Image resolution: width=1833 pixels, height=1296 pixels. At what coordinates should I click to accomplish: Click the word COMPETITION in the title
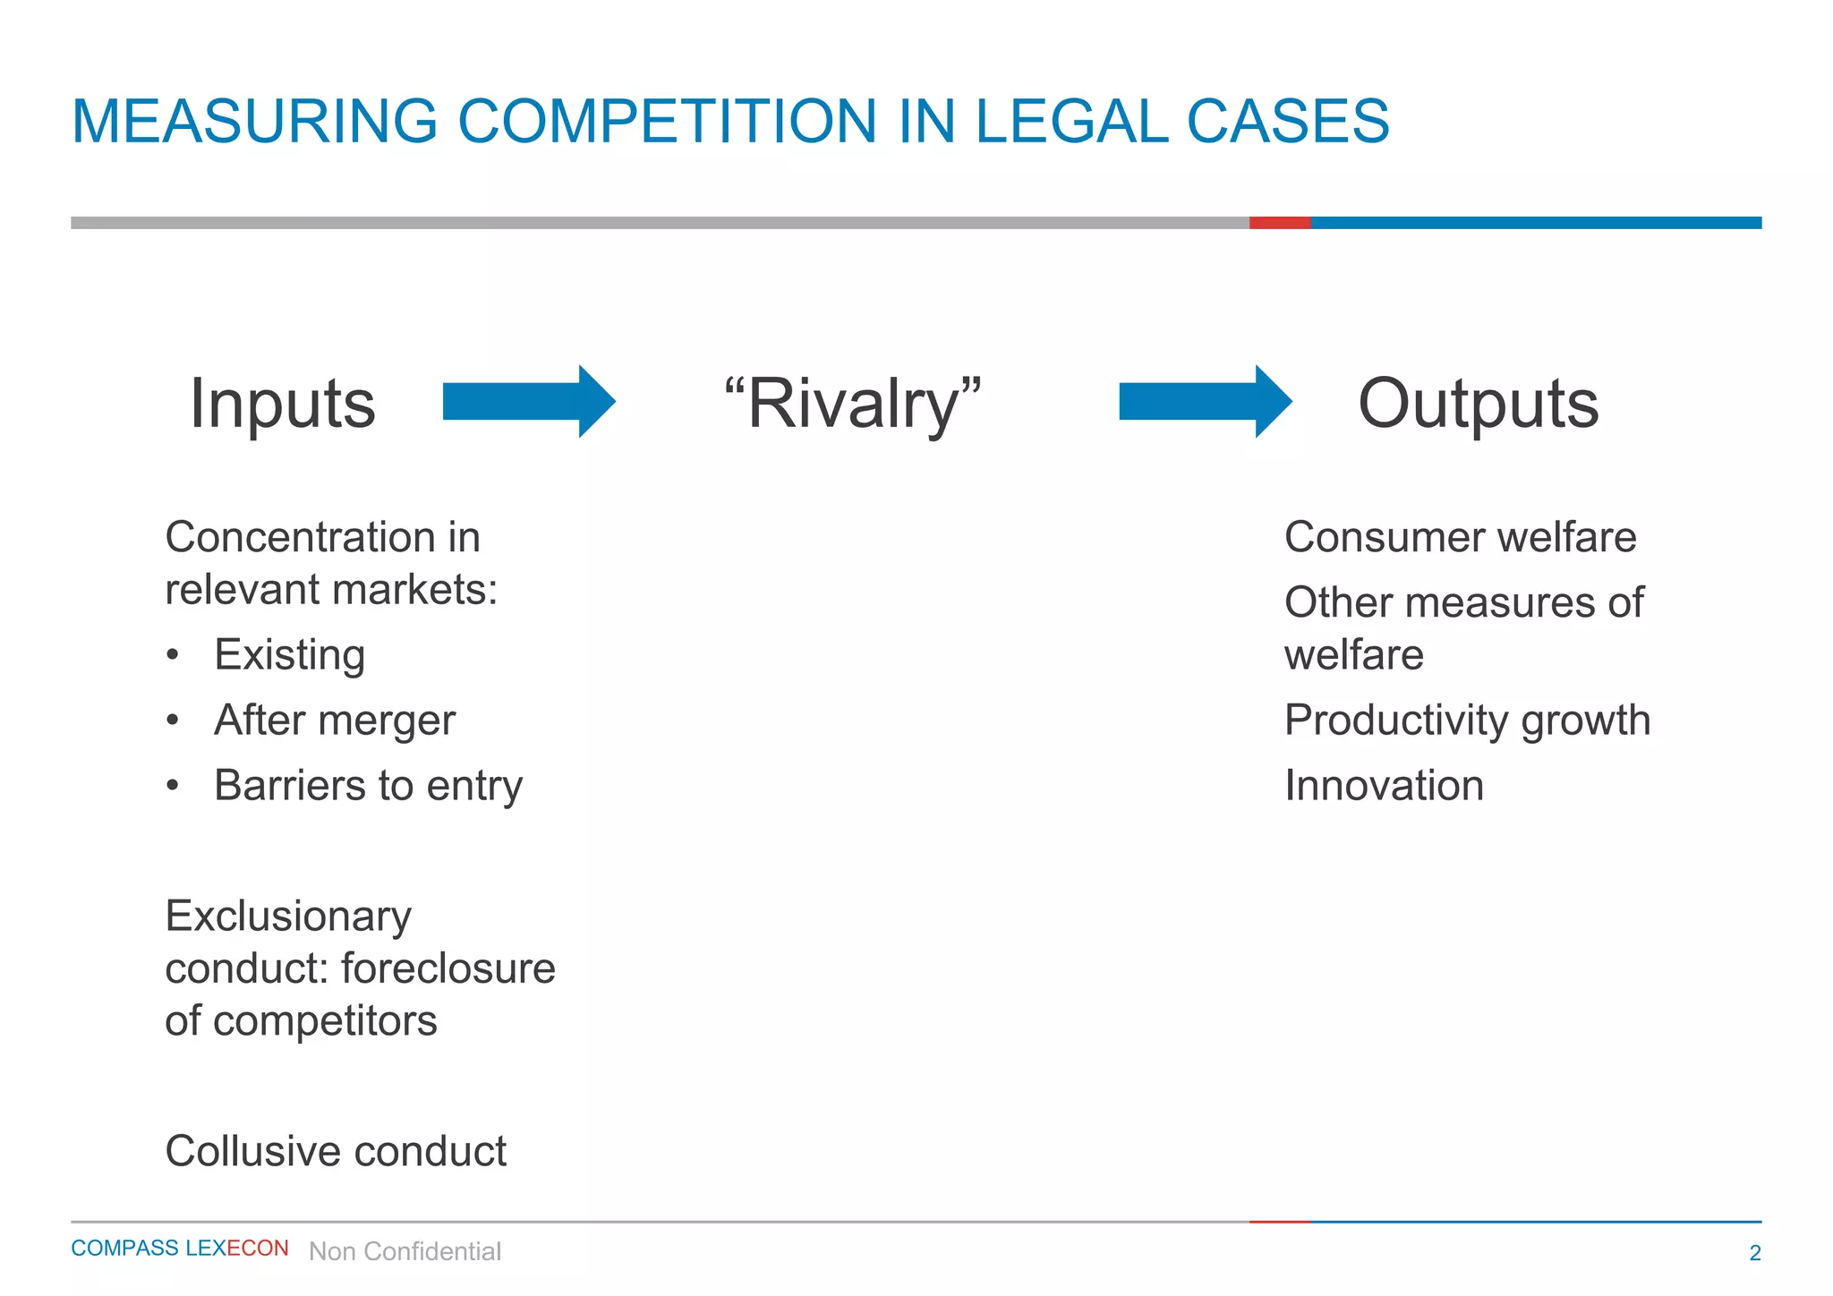point(667,122)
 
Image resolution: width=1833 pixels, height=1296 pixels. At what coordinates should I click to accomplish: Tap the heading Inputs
point(282,404)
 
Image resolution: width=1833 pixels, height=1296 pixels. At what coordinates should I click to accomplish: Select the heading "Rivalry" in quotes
point(852,404)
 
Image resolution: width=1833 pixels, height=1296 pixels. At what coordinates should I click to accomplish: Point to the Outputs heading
point(1478,404)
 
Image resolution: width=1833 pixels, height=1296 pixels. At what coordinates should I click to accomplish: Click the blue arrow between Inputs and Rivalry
point(528,401)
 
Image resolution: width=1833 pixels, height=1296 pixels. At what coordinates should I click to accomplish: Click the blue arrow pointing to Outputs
point(1204,401)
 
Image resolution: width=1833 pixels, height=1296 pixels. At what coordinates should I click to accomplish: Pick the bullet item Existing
point(289,654)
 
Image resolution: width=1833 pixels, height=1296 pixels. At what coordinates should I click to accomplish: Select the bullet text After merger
point(335,720)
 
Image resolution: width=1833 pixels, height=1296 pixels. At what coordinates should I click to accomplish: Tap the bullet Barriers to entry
point(368,785)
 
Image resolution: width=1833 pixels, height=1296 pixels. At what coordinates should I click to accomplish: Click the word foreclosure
point(448,968)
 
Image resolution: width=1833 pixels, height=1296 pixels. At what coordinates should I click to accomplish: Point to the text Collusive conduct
point(336,1151)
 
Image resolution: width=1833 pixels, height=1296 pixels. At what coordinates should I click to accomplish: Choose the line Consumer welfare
point(1460,537)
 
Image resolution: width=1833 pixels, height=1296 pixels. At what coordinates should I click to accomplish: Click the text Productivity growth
point(1467,720)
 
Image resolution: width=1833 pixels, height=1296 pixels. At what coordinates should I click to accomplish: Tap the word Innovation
point(1384,785)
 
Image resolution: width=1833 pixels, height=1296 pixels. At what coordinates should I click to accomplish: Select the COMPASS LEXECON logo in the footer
point(179,1249)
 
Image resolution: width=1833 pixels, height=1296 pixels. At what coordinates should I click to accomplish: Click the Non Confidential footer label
point(405,1251)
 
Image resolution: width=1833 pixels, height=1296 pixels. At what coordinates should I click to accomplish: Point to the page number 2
point(1754,1253)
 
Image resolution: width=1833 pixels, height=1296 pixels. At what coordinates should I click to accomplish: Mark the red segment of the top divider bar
point(1280,223)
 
